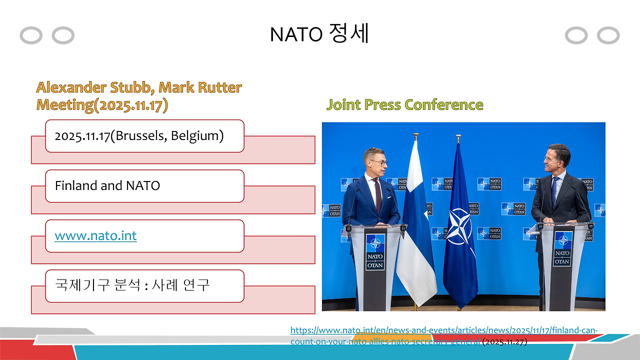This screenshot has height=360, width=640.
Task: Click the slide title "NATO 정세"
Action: pyautogui.click(x=319, y=34)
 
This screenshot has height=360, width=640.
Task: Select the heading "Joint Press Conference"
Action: pyautogui.click(x=404, y=105)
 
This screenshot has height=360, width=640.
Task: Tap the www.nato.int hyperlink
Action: pyautogui.click(x=95, y=235)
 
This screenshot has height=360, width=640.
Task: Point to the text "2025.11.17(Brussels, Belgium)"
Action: pyautogui.click(x=139, y=135)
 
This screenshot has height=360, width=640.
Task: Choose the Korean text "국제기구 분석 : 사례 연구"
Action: pyautogui.click(x=132, y=285)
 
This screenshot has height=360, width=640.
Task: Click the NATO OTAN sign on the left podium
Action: pyautogui.click(x=375, y=251)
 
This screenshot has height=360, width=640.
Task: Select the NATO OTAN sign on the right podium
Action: pyautogui.click(x=562, y=248)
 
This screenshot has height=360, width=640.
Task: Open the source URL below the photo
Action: pyautogui.click(x=443, y=330)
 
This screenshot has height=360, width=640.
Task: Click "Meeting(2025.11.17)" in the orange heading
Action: pyautogui.click(x=102, y=105)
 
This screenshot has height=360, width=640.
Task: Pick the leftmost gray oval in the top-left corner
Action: pyautogui.click(x=31, y=35)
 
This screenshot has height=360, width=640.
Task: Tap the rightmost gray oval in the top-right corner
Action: pyautogui.click(x=608, y=35)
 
